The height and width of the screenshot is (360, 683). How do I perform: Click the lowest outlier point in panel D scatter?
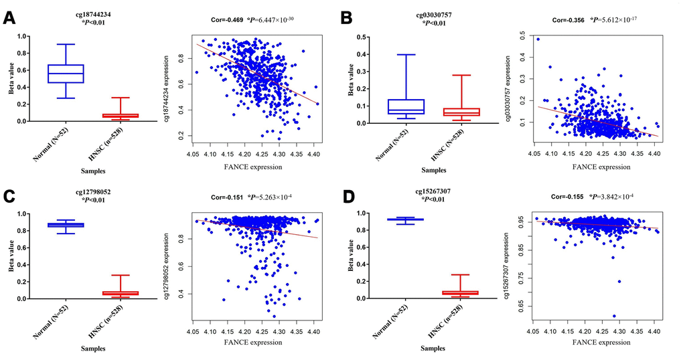click(614, 316)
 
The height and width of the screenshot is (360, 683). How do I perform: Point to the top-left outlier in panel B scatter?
click(538, 39)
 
